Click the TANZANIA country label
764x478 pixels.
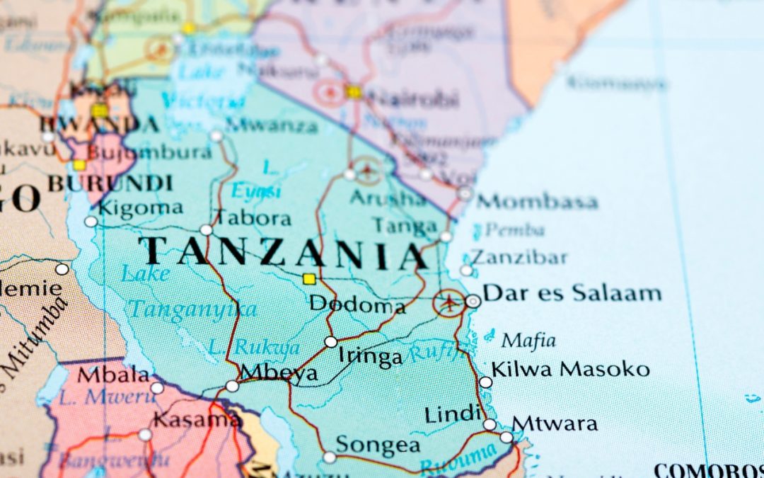pos(283,253)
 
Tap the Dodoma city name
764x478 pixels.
pos(357,305)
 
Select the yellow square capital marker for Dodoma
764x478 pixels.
pos(308,279)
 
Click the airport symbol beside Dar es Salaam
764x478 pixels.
pos(448,303)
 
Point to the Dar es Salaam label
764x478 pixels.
pos(572,292)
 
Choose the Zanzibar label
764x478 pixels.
pos(519,256)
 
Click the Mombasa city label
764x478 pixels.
pos(536,201)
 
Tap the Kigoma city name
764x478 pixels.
pos(140,207)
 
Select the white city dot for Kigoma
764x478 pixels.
pos(91,222)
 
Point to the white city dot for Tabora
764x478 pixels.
pos(206,229)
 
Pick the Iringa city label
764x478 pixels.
pos(369,356)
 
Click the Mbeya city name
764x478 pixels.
pos(279,374)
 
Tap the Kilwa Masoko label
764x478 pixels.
pos(570,369)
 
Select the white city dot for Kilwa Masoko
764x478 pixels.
pos(485,382)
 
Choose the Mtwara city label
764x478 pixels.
pos(555,423)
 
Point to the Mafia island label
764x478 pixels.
pos(528,341)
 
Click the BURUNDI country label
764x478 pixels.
pos(110,183)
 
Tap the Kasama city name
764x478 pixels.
pos(197,419)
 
